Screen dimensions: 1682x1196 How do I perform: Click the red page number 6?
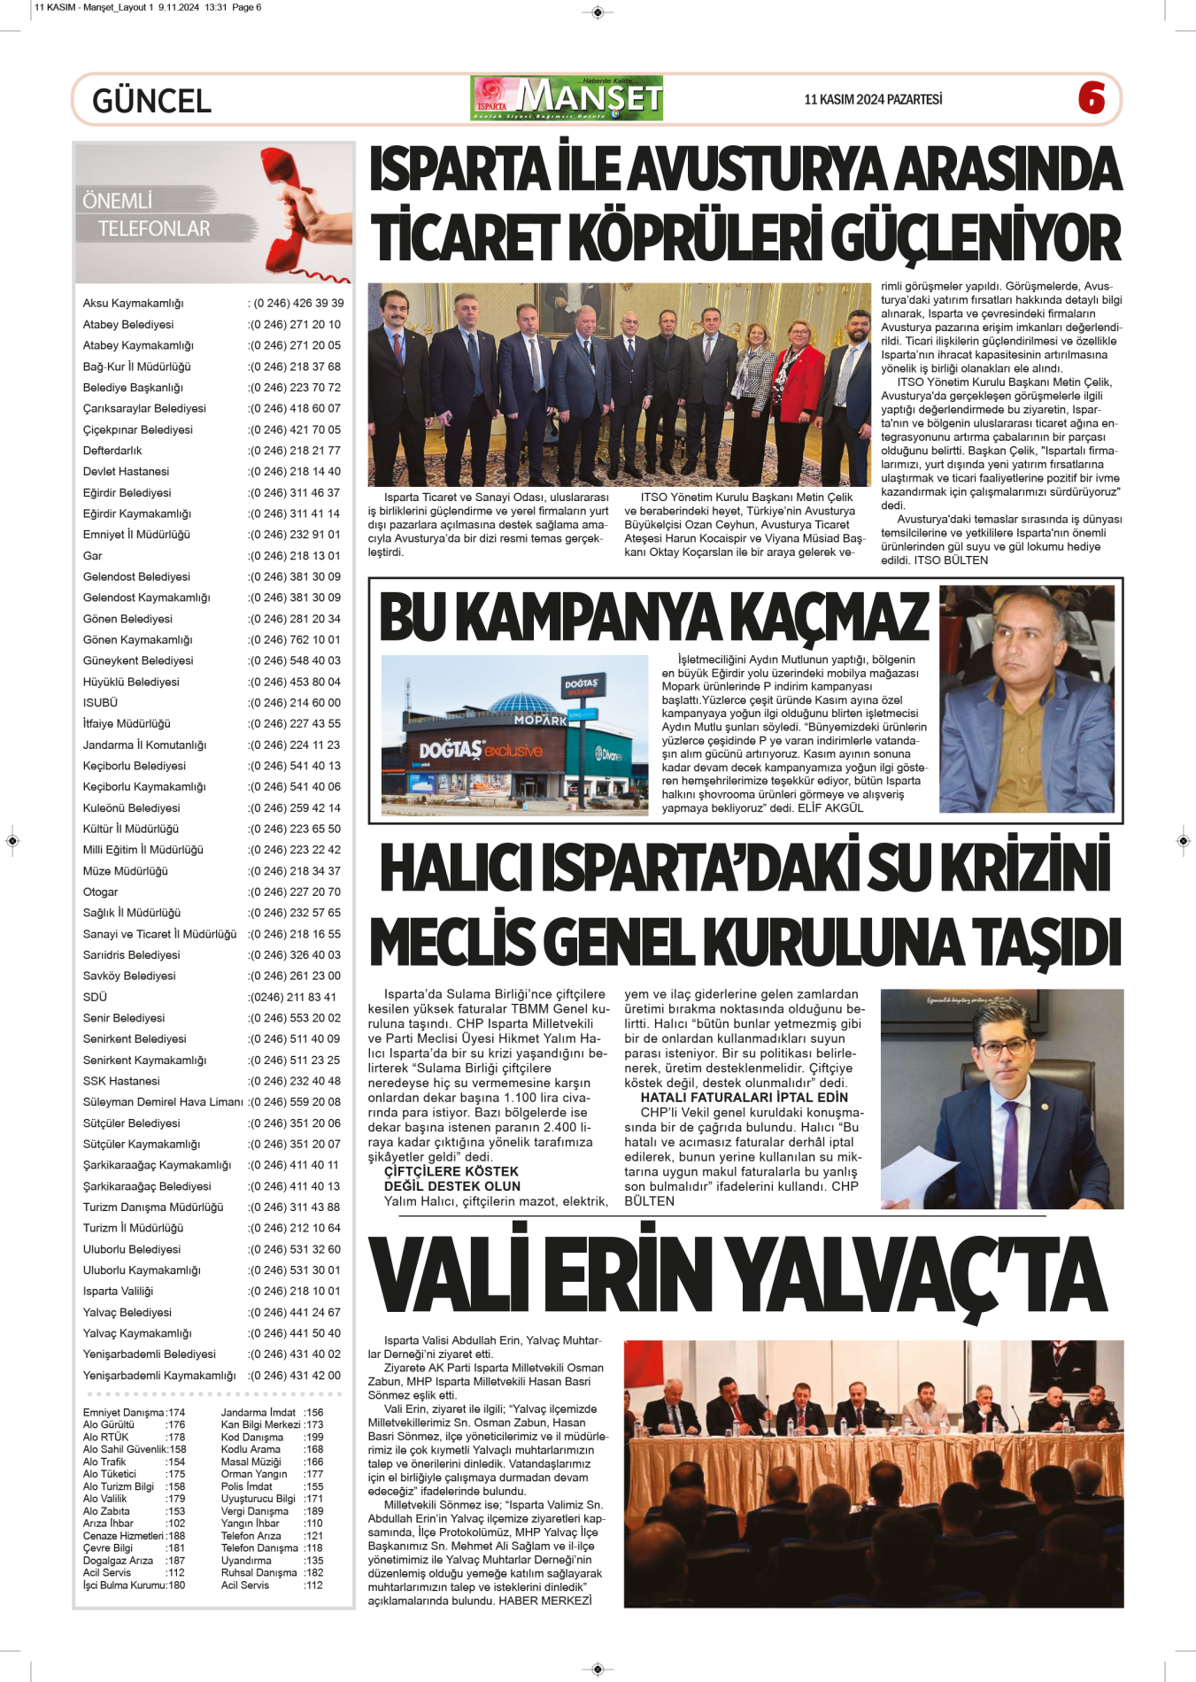[x=1092, y=97]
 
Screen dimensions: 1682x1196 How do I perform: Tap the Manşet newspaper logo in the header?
[x=567, y=98]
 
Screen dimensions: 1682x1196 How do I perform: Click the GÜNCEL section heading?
[x=151, y=101]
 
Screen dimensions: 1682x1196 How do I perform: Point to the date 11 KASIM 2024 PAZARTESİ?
[x=873, y=99]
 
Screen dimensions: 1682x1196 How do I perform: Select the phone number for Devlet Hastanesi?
[x=295, y=472]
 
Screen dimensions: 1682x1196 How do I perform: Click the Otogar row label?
[x=101, y=892]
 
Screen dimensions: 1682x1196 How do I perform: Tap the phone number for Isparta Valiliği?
[x=295, y=1292]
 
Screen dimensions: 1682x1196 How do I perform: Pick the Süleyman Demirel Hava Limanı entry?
[x=163, y=1102]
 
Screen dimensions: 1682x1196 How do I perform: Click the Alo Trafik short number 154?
[x=176, y=1462]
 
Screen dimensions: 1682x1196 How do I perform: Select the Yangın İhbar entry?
[x=251, y=1524]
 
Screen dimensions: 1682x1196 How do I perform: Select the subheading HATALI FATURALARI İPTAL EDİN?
[x=744, y=1098]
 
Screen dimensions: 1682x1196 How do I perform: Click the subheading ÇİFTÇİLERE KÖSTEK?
[x=451, y=1171]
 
